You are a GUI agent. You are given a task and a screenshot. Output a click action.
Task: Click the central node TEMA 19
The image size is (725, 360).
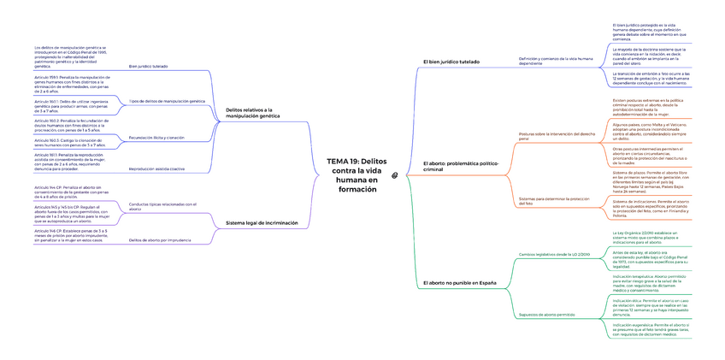tap(357, 175)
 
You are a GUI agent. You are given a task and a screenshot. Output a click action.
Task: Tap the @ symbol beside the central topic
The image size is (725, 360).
tap(395, 175)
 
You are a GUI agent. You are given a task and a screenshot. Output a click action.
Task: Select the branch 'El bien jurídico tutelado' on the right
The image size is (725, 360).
tap(451, 62)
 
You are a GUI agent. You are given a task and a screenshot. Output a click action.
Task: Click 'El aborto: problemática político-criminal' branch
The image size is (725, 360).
tap(460, 166)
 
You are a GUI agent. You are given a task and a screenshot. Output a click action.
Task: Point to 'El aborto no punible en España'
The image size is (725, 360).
tap(460, 282)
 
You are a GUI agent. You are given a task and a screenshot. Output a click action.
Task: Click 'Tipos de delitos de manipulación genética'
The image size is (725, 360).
tap(167, 101)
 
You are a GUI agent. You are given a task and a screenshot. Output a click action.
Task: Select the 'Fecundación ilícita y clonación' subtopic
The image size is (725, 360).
tap(156, 137)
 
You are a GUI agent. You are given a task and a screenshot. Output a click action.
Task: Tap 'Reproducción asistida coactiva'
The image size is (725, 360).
tap(156, 168)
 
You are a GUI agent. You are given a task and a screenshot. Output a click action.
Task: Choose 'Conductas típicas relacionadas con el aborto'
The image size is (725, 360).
tap(162, 206)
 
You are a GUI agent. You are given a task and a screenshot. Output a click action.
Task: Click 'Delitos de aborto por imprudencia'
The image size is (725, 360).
tap(160, 240)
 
